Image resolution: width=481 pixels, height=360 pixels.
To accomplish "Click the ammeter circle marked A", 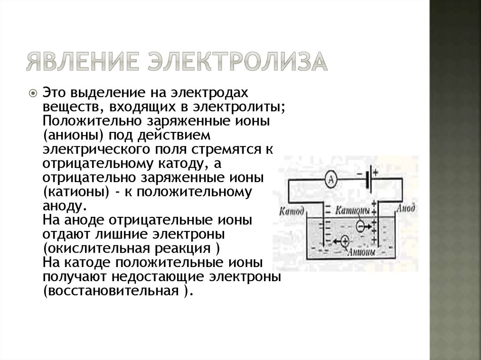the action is (x=331, y=179).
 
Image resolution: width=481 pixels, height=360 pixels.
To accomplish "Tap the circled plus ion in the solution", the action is (x=344, y=241).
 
